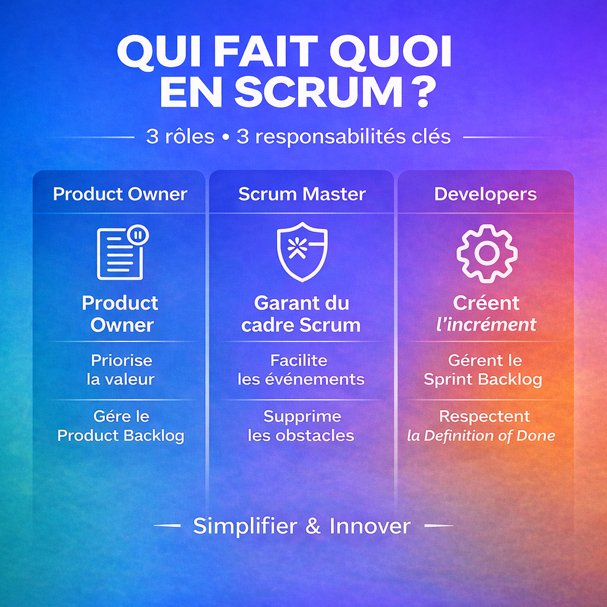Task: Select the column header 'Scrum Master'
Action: tap(302, 194)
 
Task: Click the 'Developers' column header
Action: tap(485, 194)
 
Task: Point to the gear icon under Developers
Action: tap(487, 253)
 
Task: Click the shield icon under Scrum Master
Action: tap(302, 251)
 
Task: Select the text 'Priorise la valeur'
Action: tap(121, 369)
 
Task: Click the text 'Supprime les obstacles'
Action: tap(302, 426)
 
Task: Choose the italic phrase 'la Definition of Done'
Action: tap(481, 436)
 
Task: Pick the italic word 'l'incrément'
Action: tap(486, 325)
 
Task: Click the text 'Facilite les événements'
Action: tap(301, 369)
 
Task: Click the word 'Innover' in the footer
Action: tap(370, 526)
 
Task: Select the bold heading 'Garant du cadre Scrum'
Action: tap(301, 314)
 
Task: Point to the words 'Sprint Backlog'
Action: tap(483, 379)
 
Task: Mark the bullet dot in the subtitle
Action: tap(225, 138)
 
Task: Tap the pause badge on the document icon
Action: tap(139, 235)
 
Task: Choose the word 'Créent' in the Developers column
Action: tap(486, 303)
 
